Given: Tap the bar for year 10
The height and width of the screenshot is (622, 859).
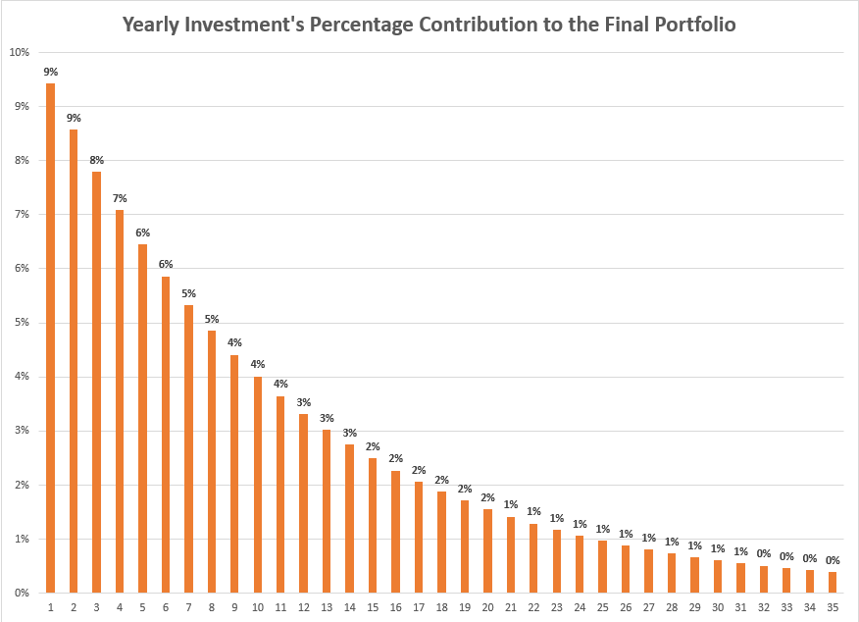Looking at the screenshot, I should tap(258, 485).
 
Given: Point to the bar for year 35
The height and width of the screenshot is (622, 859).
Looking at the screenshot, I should tap(833, 582).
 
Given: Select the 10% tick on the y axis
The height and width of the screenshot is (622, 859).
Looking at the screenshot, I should tap(19, 52).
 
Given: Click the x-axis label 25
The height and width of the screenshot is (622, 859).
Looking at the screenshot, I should tap(602, 608).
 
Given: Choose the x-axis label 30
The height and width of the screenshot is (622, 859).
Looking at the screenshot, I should tap(718, 608).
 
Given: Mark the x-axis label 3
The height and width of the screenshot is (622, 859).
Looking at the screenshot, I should tap(96, 608).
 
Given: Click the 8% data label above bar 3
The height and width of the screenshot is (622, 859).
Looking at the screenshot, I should tap(96, 160).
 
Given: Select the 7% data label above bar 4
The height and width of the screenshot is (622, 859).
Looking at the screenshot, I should tap(120, 198).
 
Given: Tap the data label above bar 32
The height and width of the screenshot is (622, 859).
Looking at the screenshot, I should tap(764, 553).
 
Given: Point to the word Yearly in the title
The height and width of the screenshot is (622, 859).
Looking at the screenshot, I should tap(155, 24).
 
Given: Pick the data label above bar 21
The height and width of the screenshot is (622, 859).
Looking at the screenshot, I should tap(511, 504).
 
